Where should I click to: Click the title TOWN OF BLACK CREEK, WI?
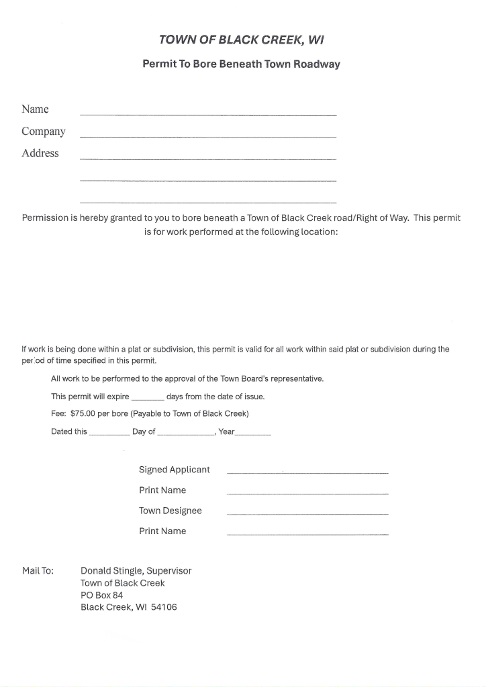pos(241,40)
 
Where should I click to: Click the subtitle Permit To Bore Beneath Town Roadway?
pos(241,64)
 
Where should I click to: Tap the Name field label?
pos(35,109)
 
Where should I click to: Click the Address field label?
pos(40,153)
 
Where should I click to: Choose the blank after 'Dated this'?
pos(109,433)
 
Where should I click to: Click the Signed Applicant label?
pos(175,470)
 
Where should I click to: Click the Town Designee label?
pos(171,511)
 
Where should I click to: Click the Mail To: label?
pos(38,571)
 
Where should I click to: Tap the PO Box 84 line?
pos(101,595)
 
